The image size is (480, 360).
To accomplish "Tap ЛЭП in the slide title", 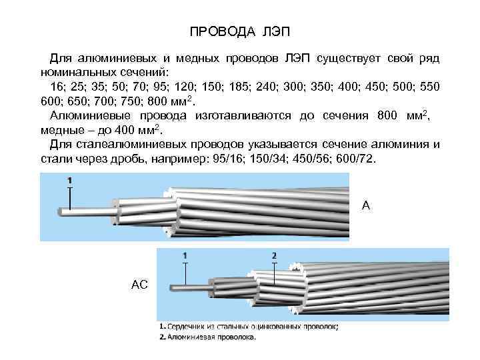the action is [x=273, y=32].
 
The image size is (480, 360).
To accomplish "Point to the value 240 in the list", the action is [x=280, y=88].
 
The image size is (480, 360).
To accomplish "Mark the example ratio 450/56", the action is [x=313, y=160].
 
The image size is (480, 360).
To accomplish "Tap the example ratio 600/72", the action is [x=358, y=160].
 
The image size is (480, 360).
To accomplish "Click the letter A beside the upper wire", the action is [x=365, y=205].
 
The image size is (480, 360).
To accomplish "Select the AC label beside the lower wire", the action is [x=139, y=285].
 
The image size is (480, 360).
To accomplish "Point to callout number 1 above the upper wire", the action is [x=69, y=180].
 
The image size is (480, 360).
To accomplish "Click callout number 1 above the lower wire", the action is [x=185, y=255].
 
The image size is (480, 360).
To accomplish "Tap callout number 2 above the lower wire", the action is [x=275, y=255].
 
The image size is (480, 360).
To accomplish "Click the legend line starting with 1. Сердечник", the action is [x=249, y=327].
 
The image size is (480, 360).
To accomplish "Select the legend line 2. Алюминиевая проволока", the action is [x=207, y=337].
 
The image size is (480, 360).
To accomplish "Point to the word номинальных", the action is [x=75, y=71].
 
